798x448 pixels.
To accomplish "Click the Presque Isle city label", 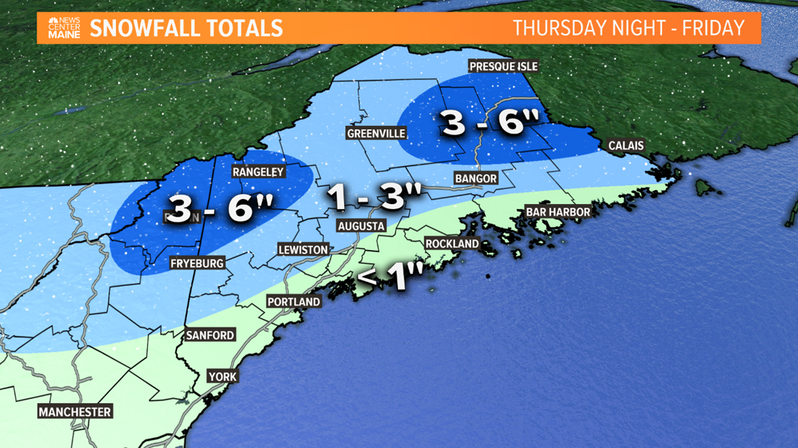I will tap(503, 66).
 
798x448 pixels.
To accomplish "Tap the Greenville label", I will tap(376, 133).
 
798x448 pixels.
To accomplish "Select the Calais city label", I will tap(626, 145).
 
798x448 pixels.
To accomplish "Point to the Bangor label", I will tap(475, 178).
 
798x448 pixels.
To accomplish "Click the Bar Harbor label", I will tap(558, 211).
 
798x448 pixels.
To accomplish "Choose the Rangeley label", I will tap(258, 172).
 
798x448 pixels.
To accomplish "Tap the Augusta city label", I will tap(360, 226).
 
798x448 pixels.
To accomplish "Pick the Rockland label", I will tap(452, 243).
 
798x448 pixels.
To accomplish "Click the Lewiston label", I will tap(302, 250).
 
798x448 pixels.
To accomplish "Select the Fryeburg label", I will tap(197, 263).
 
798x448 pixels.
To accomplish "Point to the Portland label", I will tap(293, 301).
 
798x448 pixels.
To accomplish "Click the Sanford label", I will tap(210, 335).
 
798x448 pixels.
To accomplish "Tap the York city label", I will tap(223, 377).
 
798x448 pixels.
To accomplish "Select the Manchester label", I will tap(75, 412).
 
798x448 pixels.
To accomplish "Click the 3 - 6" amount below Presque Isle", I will tap(490, 123).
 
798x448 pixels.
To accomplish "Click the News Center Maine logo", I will tap(64, 28).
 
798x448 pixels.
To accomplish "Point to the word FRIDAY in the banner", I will tap(714, 28).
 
